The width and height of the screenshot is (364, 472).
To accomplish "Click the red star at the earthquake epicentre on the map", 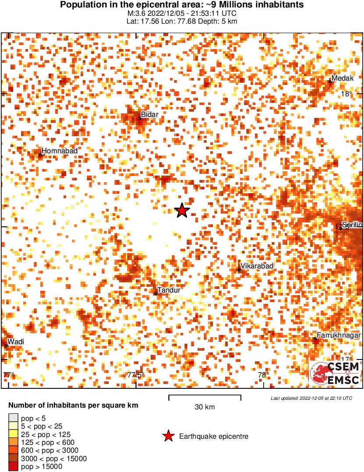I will coord(182,211).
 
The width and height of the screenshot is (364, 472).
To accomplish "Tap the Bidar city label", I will coord(149,115).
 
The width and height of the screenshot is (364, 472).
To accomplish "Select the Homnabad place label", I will coord(60,151).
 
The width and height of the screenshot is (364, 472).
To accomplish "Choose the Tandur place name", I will coord(169,290).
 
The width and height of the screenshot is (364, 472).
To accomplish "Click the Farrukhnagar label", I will coord(339,335).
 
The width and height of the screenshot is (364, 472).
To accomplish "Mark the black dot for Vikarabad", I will coord(239,270).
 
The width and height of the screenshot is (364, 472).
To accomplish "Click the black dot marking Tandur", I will coord(155,293).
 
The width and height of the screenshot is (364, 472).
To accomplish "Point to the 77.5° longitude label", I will coord(136,375).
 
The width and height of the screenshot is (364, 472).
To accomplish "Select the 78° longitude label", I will coord(263,375).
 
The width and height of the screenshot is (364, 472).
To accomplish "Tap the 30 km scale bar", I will coord(205,398).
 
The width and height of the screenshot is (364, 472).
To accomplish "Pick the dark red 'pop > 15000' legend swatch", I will coord(13,467).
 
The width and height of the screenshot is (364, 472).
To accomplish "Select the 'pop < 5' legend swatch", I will coord(13,419).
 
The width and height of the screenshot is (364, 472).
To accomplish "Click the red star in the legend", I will coord(168,436).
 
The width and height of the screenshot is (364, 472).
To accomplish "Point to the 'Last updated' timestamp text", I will coord(311,398).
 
